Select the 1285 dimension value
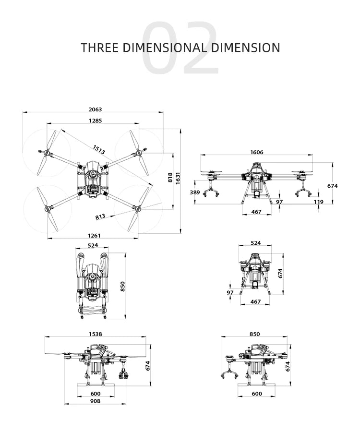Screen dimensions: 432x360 [x=95, y=121]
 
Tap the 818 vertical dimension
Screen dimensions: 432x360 [x=170, y=178]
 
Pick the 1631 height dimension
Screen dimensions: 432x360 [x=178, y=178]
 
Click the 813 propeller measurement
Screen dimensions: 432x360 [x=100, y=216]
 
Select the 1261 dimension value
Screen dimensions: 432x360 [x=95, y=235]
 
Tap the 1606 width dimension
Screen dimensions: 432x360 [x=256, y=152]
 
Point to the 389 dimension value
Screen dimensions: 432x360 [x=194, y=192]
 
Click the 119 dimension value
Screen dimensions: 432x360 [x=318, y=202]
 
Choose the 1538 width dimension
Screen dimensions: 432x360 [x=95, y=334]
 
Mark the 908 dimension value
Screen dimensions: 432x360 [x=95, y=401]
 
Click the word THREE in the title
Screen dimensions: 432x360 [x=100, y=48]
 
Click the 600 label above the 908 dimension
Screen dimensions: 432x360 [x=95, y=394]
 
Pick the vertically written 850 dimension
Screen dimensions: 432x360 [x=122, y=286]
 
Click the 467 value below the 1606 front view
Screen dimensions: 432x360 [x=256, y=212]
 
